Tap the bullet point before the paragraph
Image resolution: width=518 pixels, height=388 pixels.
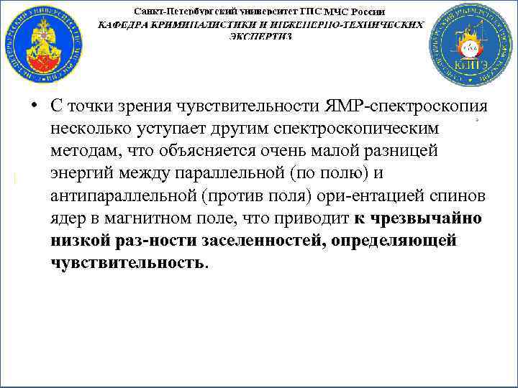34,106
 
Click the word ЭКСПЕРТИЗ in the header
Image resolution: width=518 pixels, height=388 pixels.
261,36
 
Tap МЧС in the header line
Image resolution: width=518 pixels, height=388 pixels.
339,12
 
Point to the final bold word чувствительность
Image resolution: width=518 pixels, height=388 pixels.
127,262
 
